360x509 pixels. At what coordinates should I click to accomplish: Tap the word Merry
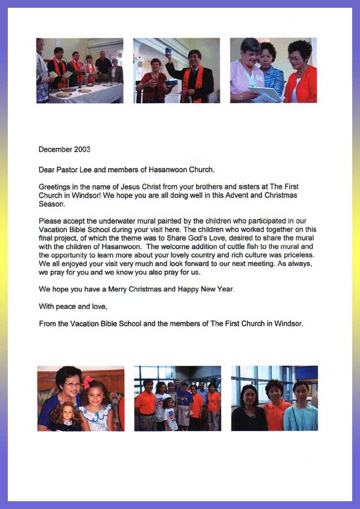132,289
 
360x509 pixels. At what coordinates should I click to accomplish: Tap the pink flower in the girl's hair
88,382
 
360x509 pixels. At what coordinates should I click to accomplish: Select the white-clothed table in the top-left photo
84,92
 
